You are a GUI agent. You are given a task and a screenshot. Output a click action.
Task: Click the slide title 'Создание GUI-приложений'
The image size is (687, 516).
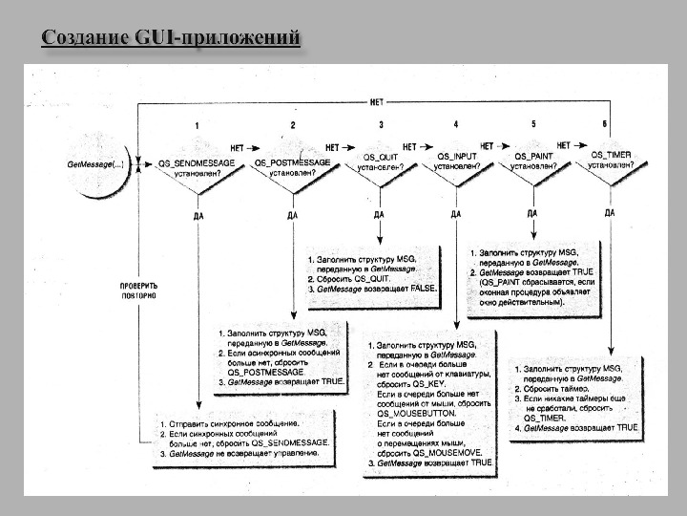coord(172,38)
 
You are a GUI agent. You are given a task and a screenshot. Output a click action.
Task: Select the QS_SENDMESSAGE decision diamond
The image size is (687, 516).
coord(197,168)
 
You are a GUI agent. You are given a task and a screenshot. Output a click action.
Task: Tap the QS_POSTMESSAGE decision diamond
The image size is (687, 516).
coord(292,168)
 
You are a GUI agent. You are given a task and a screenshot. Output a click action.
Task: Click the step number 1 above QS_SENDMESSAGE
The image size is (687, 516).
coord(197,126)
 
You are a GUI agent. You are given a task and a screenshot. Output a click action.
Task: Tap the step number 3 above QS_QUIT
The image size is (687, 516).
coord(381,125)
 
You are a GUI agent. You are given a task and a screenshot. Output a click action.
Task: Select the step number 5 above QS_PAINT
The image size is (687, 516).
coord(532,125)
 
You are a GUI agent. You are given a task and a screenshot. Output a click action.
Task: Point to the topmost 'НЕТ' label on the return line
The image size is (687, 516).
coord(377,101)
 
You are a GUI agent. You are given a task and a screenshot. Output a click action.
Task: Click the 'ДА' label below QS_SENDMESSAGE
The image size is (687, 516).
coord(198,215)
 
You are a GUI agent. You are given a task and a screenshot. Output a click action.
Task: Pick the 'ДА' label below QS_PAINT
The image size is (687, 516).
coord(531,215)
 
